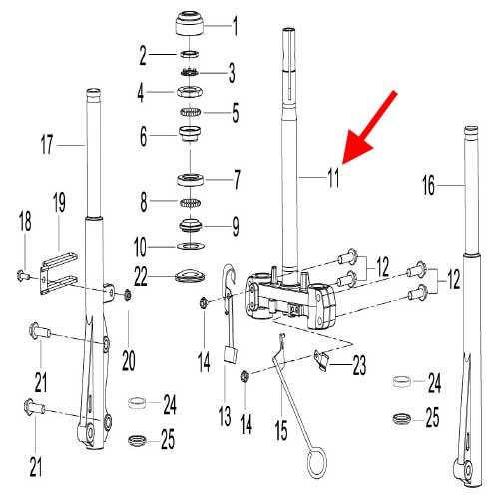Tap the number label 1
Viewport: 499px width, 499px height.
click(x=235, y=21)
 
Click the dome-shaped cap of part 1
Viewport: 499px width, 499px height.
click(x=189, y=21)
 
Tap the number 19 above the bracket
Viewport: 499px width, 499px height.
click(x=59, y=203)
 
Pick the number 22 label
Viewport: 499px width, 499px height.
click(x=144, y=273)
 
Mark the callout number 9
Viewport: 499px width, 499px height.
click(x=235, y=227)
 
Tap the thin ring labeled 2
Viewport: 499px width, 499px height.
click(x=188, y=52)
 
